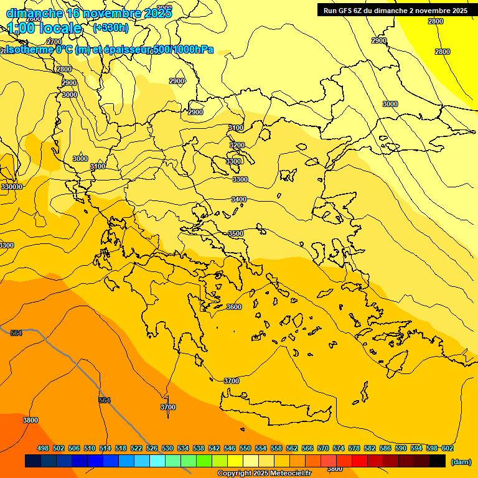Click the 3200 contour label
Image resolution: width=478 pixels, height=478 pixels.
(x=237, y=145)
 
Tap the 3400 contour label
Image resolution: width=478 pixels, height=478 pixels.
(x=238, y=199)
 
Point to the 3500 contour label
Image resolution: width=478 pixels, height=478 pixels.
(x=236, y=233)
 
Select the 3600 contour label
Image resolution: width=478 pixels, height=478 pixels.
(x=233, y=307)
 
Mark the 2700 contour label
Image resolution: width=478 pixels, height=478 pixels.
(x=54, y=42)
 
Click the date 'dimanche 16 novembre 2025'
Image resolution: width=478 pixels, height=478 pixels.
(x=89, y=13)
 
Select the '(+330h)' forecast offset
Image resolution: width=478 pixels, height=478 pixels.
(x=110, y=28)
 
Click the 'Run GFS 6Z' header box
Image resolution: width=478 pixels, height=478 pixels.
(x=395, y=10)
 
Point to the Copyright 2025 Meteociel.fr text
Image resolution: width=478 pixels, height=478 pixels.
(x=264, y=474)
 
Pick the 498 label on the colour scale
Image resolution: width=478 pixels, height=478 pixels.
(x=43, y=448)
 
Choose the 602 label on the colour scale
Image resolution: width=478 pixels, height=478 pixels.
(x=448, y=448)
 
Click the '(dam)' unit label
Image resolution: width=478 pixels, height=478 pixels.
(x=461, y=462)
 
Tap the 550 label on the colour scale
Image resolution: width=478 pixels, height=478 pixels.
(x=245, y=448)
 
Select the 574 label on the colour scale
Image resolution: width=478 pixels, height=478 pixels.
(x=339, y=448)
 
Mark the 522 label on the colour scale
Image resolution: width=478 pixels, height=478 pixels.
(x=136, y=448)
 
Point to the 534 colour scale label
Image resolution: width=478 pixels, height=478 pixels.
(x=183, y=448)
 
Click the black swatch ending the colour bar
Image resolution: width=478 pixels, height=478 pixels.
(x=438, y=461)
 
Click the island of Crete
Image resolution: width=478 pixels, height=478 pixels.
(x=280, y=408)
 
